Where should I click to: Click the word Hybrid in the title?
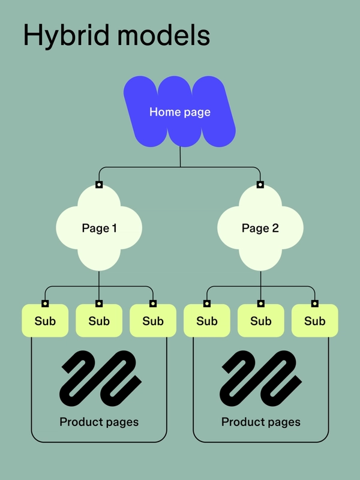click(x=59, y=36)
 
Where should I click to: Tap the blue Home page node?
click(x=179, y=112)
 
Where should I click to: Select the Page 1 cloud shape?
click(x=99, y=228)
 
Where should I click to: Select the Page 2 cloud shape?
click(x=260, y=228)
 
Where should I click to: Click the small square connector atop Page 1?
click(x=99, y=185)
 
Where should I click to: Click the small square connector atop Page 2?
click(x=260, y=185)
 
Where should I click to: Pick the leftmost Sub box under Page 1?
click(x=45, y=321)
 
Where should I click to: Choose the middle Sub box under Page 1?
click(x=99, y=321)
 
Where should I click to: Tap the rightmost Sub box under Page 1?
click(x=153, y=321)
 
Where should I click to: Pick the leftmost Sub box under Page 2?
click(x=207, y=321)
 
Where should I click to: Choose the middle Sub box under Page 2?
click(x=261, y=321)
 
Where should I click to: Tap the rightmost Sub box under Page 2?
click(x=314, y=321)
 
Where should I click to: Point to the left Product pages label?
click(x=99, y=422)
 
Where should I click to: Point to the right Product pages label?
click(x=261, y=422)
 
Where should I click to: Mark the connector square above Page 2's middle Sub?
click(x=261, y=303)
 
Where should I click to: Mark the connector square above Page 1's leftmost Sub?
click(x=45, y=303)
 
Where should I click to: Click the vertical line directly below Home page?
click(x=180, y=157)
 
